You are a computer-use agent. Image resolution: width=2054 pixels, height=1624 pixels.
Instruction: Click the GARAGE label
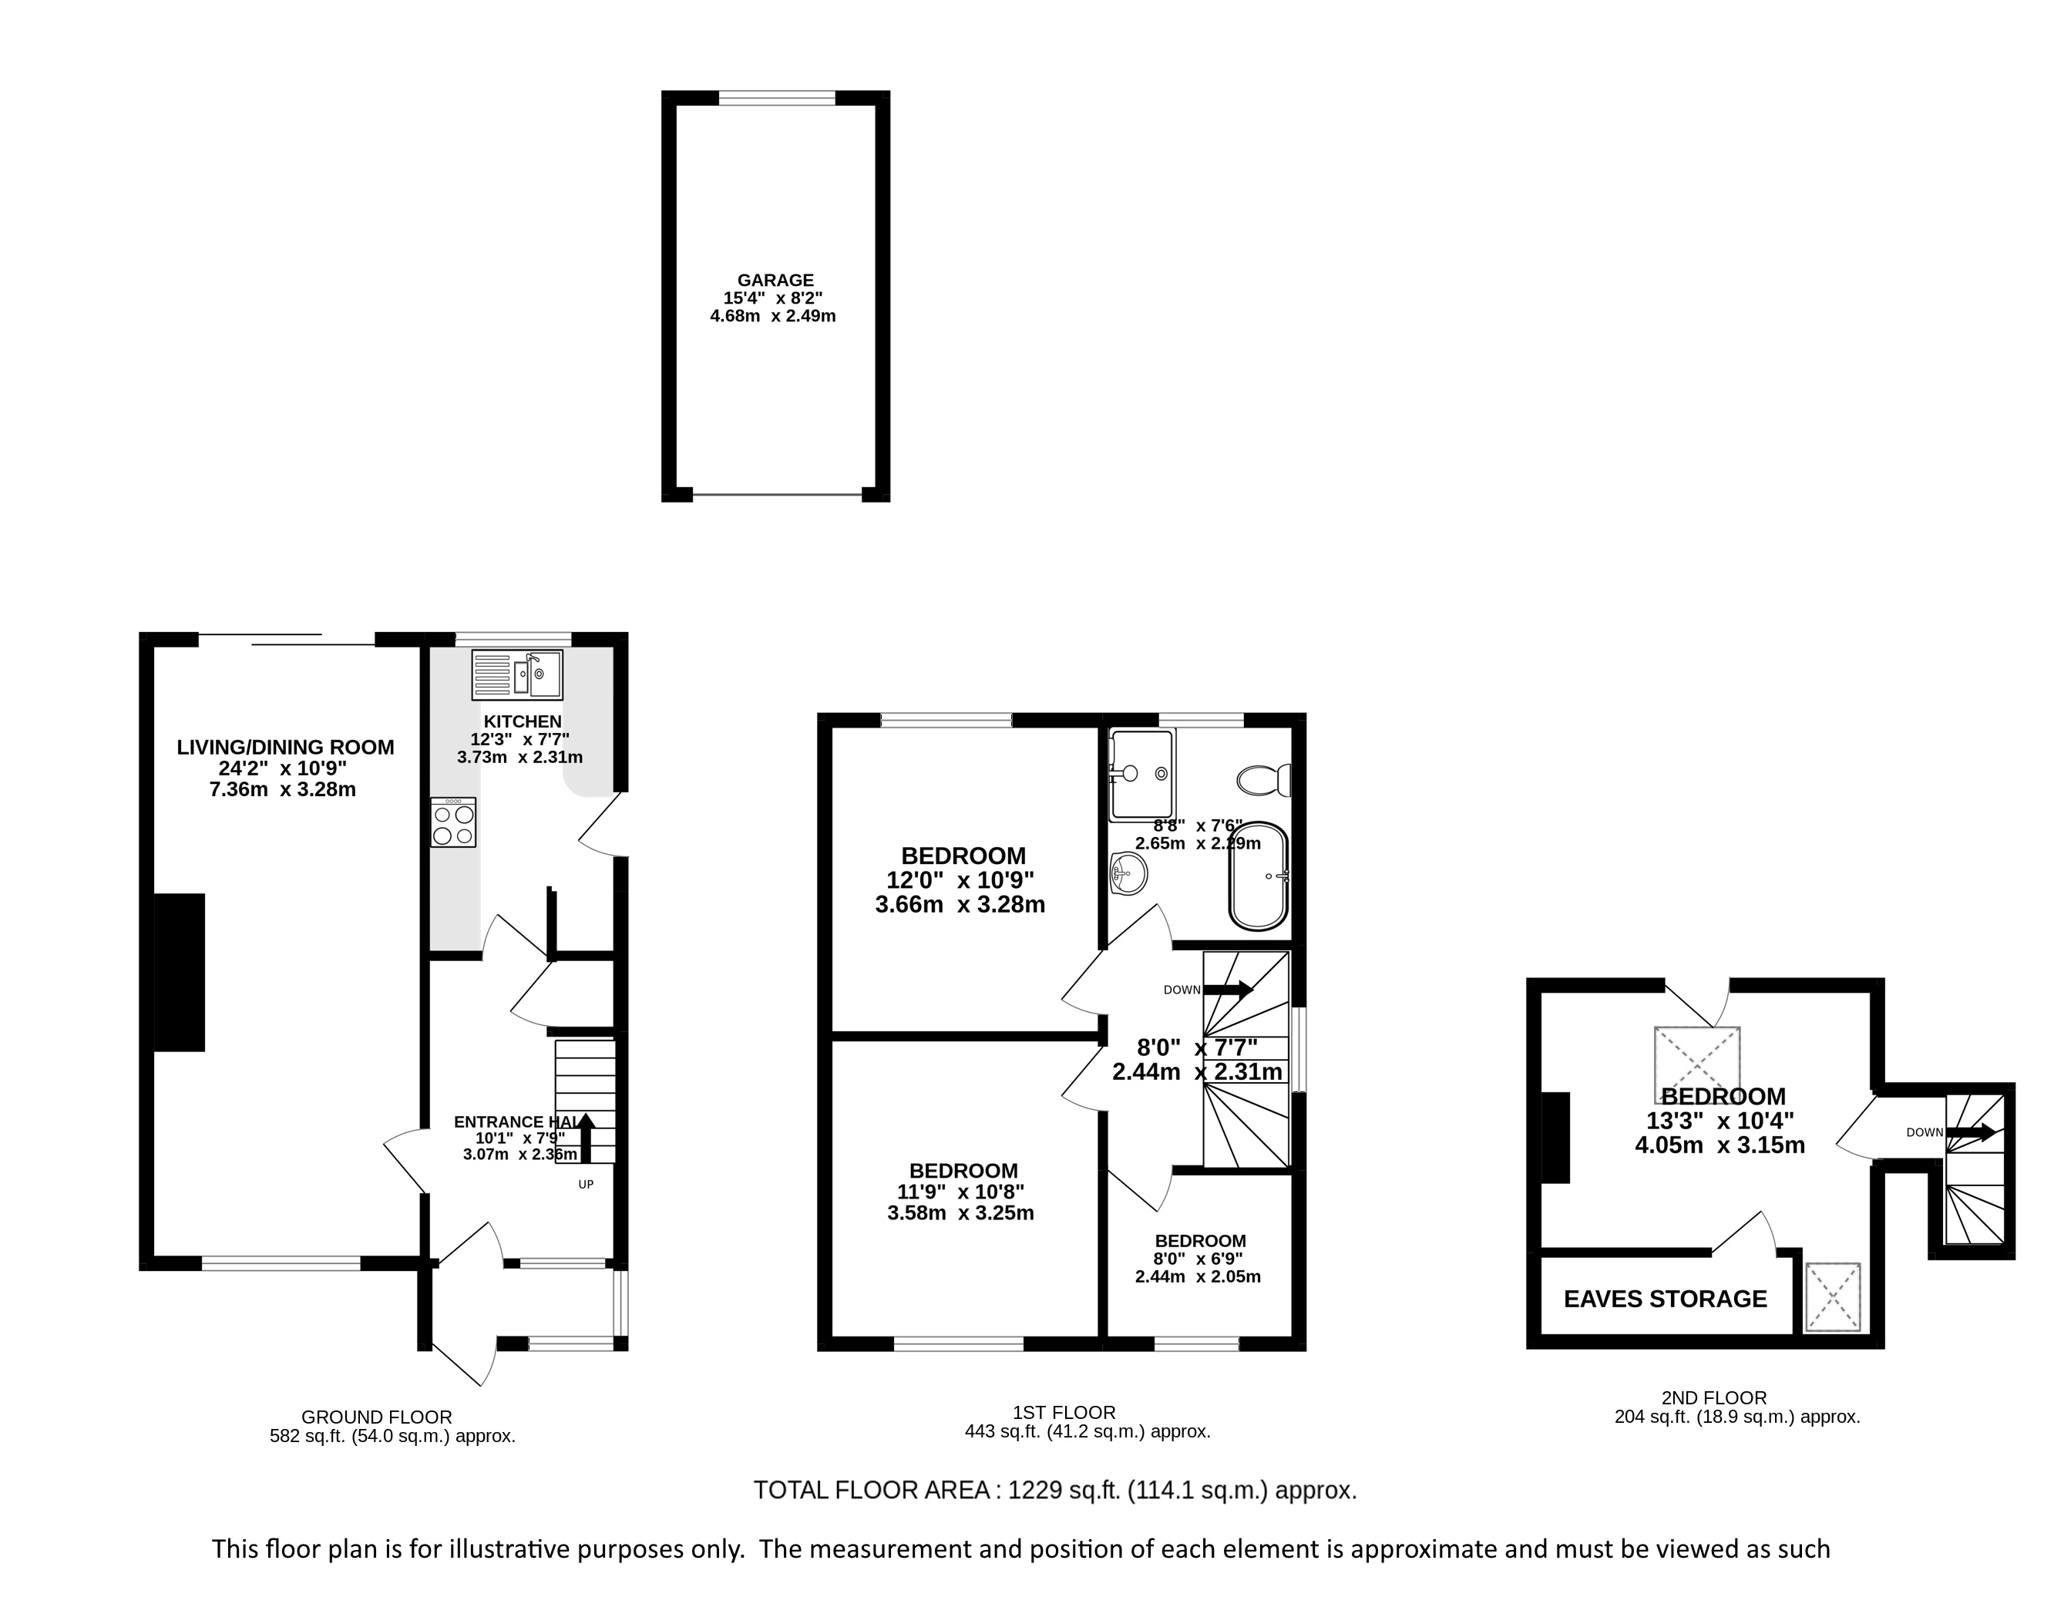(775, 281)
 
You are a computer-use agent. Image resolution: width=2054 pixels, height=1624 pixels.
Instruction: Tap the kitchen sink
(516, 674)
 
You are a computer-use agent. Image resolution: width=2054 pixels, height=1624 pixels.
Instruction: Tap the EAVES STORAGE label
(1665, 1299)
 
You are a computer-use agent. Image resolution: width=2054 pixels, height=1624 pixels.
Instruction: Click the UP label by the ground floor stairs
(586, 1185)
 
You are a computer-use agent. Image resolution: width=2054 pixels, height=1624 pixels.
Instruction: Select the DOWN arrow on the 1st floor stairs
(1229, 990)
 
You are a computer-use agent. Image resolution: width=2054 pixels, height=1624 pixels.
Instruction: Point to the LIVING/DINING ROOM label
(285, 748)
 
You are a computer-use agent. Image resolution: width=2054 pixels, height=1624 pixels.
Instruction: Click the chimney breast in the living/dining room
(180, 972)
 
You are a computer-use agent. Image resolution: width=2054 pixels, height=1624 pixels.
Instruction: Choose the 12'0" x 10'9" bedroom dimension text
(960, 880)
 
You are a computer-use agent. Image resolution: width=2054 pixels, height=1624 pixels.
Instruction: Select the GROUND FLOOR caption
(377, 1417)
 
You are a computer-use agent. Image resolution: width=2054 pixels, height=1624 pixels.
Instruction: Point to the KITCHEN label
(522, 721)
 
